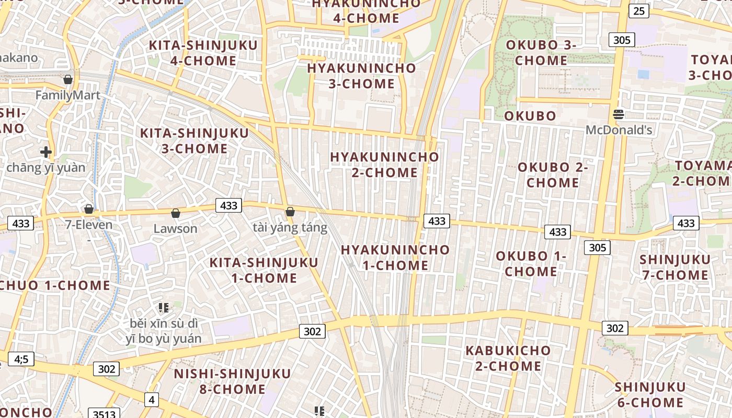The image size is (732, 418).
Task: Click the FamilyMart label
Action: click(x=68, y=95)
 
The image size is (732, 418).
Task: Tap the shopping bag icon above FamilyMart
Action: click(x=67, y=80)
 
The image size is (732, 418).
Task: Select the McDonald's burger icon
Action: click(x=619, y=114)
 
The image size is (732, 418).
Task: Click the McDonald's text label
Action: click(x=619, y=130)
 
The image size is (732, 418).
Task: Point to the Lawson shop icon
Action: click(x=176, y=214)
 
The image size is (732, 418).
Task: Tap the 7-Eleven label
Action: click(x=89, y=225)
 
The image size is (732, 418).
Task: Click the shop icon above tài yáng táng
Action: click(x=290, y=212)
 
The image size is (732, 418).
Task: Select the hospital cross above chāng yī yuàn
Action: click(x=46, y=152)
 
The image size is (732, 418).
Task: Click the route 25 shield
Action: click(x=638, y=10)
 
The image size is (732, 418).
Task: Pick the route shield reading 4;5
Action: click(x=21, y=359)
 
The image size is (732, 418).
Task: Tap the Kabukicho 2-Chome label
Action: click(x=508, y=358)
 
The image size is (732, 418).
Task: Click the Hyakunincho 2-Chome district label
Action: click(x=384, y=164)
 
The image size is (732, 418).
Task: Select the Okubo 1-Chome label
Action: click(x=531, y=264)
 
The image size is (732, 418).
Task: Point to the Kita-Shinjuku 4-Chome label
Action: click(x=203, y=53)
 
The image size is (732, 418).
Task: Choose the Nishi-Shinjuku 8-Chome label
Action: click(x=232, y=381)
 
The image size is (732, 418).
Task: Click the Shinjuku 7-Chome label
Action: click(x=675, y=267)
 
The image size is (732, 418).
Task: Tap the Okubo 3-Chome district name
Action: click(x=541, y=52)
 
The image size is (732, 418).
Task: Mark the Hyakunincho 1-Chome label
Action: click(x=395, y=257)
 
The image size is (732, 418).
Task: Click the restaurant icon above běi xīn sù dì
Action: click(x=163, y=308)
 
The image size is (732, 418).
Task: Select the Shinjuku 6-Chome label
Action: click(x=650, y=395)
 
